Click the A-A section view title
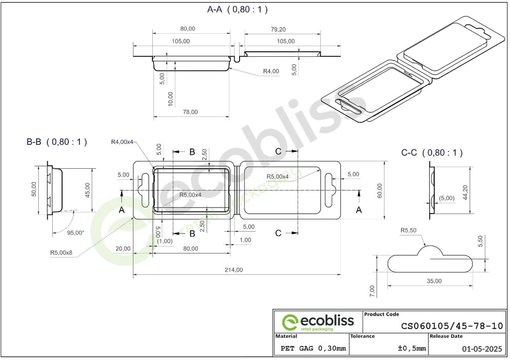click(x=238, y=9)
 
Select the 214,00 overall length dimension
click(x=234, y=269)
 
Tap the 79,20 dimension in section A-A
click(x=278, y=29)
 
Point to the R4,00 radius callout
click(x=271, y=71)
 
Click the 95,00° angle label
click(x=76, y=233)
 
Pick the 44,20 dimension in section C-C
click(x=465, y=192)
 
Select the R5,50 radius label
click(x=408, y=230)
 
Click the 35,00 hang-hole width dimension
click(x=434, y=281)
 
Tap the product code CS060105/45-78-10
click(x=452, y=326)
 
